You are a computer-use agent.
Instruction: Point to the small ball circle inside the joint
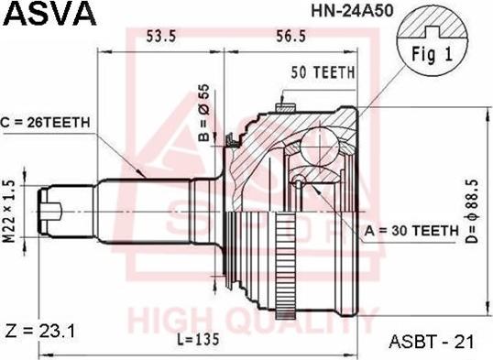click(300, 183)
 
